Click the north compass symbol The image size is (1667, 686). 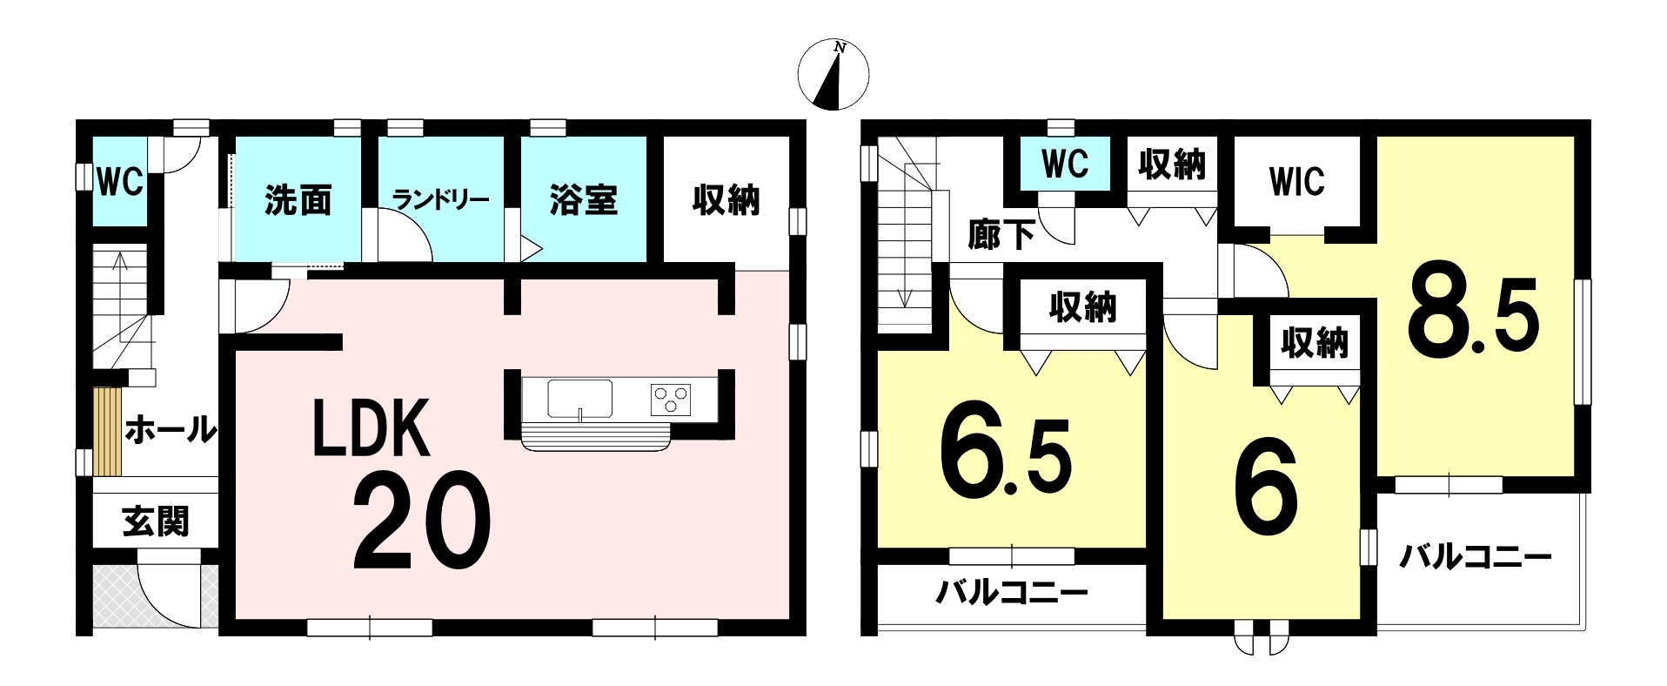[833, 75]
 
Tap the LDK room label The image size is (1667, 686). [372, 428]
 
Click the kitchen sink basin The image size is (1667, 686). [579, 399]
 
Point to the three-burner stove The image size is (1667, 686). [671, 399]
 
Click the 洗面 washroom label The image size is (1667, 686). [298, 200]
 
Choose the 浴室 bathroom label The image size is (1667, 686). [583, 200]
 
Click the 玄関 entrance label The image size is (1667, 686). [155, 521]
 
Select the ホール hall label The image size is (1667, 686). [170, 430]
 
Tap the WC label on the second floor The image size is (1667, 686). [1065, 163]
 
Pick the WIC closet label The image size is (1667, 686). [1296, 182]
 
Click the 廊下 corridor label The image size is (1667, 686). [1001, 234]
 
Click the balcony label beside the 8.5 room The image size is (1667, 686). [1475, 557]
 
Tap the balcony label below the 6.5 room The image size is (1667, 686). [1012, 595]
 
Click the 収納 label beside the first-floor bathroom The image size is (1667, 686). [726, 200]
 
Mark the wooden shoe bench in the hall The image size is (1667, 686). [107, 432]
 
